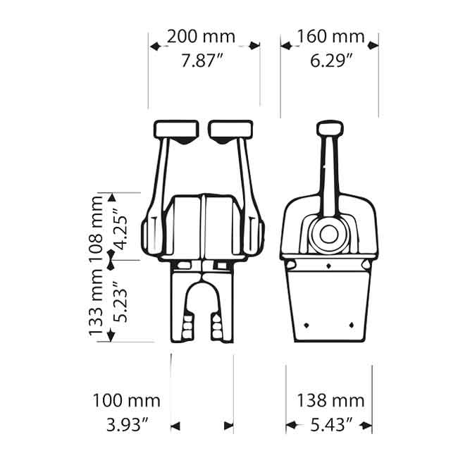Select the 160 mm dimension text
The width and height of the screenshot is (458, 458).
[330, 36]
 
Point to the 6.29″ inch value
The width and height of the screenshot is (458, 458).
[330, 61]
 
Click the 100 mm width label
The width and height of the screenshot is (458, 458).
[127, 401]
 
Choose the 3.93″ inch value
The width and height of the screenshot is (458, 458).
[127, 425]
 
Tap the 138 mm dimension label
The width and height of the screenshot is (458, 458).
[330, 401]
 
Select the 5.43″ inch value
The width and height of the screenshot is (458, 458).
[330, 426]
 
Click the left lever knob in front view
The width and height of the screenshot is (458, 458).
[176, 130]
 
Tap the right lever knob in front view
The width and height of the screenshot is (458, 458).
[231, 130]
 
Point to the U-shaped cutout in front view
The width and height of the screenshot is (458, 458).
[204, 310]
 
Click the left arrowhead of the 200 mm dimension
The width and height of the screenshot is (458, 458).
[154, 46]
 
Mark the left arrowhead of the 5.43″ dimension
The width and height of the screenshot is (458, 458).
[290, 426]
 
